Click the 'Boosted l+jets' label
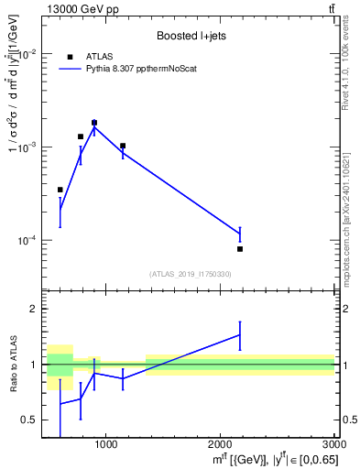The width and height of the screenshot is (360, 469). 191,36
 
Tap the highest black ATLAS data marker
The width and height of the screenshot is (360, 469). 94,122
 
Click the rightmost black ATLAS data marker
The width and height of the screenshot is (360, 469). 240,249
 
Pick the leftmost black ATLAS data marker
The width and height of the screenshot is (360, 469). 60,190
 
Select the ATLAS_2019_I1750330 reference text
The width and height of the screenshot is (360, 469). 191,274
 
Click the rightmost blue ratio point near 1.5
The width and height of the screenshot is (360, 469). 240,335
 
